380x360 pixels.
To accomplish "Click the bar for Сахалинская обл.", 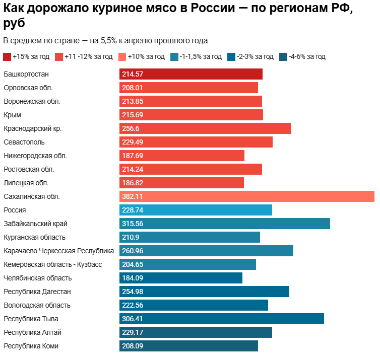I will click(x=247, y=196).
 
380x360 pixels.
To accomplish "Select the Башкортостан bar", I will click(x=191, y=74).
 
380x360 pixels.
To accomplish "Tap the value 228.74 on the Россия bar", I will click(x=133, y=210).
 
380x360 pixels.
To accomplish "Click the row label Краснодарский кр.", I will click(x=32, y=128).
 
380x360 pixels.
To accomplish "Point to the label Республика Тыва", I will click(x=31, y=319).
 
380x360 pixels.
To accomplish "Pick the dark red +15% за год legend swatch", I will click(x=7, y=57).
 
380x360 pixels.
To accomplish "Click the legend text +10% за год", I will click(x=146, y=57).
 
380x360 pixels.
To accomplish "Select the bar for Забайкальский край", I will click(x=225, y=224).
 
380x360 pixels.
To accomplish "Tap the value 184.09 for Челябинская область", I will click(x=133, y=278).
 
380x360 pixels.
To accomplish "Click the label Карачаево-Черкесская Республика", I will click(x=58, y=251).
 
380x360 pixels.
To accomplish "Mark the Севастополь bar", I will click(x=196, y=142).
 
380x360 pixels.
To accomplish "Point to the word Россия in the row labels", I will click(x=15, y=210).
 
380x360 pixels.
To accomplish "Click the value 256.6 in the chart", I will click(x=131, y=128).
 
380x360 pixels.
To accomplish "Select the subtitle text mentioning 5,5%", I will click(x=105, y=40).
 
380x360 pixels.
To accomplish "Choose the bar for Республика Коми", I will click(x=188, y=346).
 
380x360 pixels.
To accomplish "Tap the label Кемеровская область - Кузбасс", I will click(x=52, y=264).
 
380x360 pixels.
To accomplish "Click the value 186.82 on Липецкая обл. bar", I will click(x=133, y=183).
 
